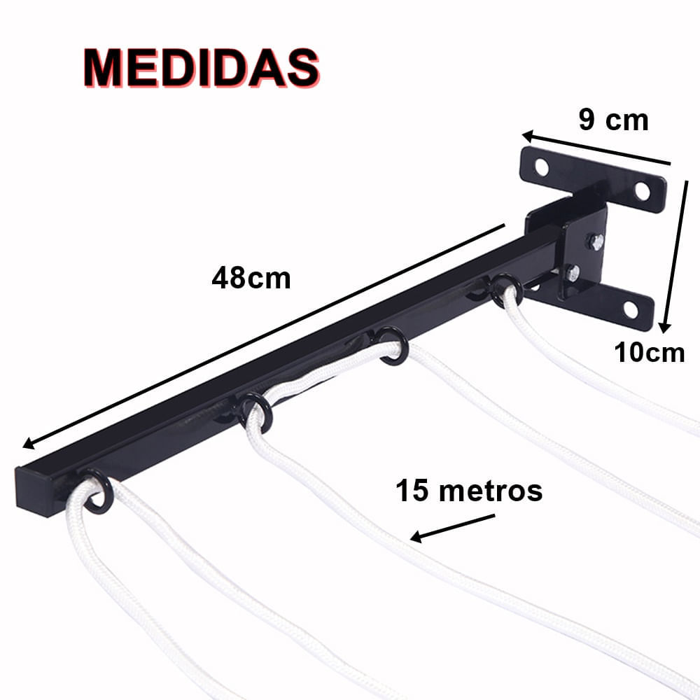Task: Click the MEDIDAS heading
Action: click(202, 68)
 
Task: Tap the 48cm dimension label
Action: click(251, 278)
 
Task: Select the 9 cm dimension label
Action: click(613, 120)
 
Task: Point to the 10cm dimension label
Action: click(650, 352)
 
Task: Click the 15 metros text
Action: click(469, 490)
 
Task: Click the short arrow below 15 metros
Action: click(452, 528)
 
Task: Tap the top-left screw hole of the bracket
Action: click(542, 167)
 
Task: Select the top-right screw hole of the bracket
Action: click(643, 192)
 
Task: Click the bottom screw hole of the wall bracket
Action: click(631, 310)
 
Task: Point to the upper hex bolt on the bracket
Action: click(596, 241)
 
